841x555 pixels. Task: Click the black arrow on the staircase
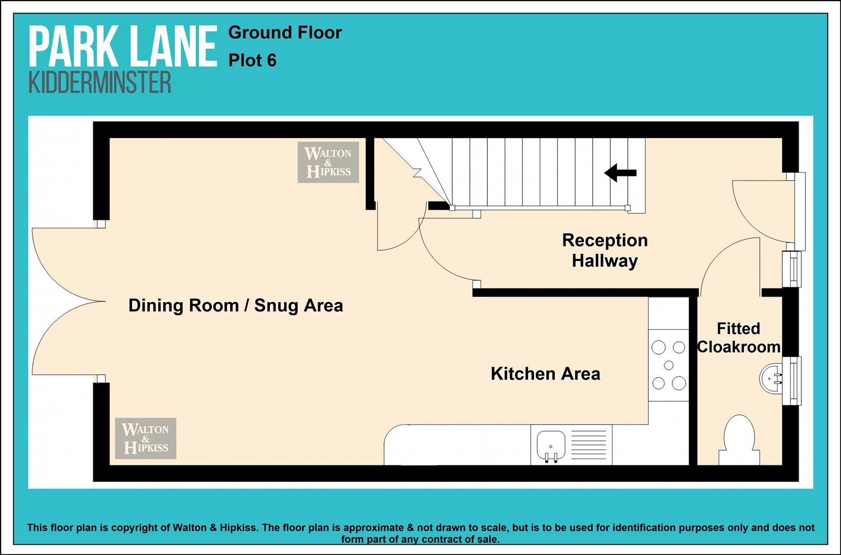coord(620,173)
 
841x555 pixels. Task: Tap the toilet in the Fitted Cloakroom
coord(739,440)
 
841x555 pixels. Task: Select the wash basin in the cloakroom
coord(771,378)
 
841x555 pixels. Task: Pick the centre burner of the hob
coord(669,365)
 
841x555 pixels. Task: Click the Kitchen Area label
coord(545,374)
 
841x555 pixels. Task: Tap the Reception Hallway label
coord(605,251)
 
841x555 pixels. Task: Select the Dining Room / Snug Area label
coord(236,305)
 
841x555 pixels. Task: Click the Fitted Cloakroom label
coord(739,338)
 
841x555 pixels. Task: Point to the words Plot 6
coord(252,61)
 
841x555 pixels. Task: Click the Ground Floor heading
coord(285,33)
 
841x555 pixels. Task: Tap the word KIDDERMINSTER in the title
coord(100,83)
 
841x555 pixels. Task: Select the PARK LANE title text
coord(123,46)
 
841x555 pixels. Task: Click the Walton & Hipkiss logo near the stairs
coord(328,162)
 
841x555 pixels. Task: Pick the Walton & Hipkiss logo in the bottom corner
coord(145,438)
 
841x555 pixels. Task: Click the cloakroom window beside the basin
coord(792,380)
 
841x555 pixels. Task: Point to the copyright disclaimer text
coord(420,533)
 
